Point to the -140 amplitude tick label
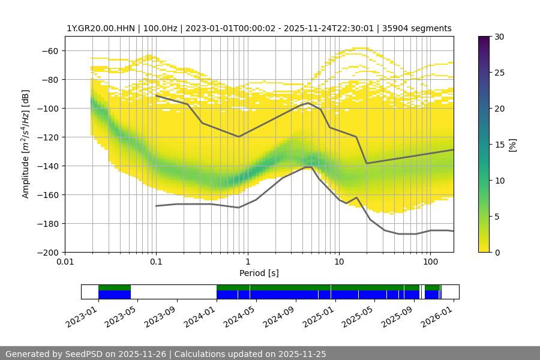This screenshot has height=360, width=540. pyautogui.click(x=49, y=166)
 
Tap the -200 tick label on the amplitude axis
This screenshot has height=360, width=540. pyautogui.click(x=49, y=252)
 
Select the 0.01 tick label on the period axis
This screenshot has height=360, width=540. pyautogui.click(x=65, y=262)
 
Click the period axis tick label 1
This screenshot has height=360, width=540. pyautogui.click(x=248, y=262)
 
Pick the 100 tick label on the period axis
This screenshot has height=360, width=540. pyautogui.click(x=430, y=262)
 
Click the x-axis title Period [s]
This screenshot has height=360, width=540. pyautogui.click(x=259, y=273)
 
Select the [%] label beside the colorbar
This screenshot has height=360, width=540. pyautogui.click(x=512, y=145)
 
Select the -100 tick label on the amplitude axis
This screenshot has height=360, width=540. pyautogui.click(x=49, y=108)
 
